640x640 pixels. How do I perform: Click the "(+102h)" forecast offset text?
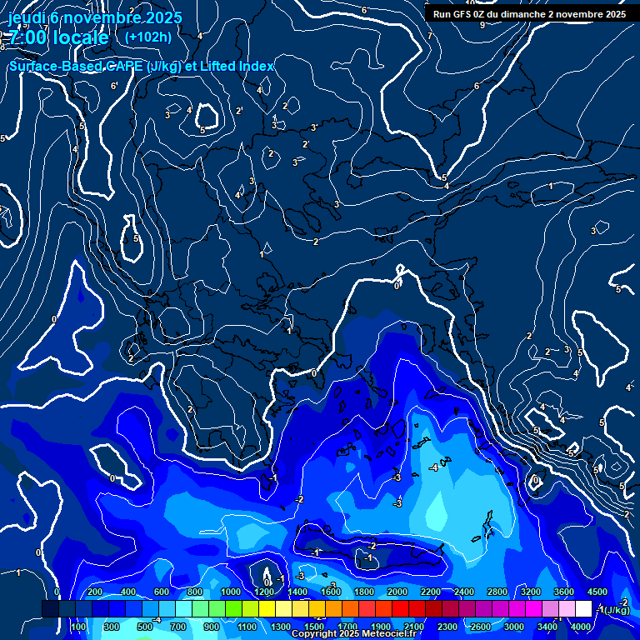tap(147, 37)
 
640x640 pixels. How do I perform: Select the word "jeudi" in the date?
tap(29, 17)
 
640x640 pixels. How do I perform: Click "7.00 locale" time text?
tap(58, 38)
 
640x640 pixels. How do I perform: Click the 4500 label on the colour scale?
tap(597, 592)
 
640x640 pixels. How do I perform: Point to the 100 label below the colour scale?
tap(78, 627)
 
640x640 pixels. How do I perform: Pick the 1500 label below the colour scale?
tap(313, 627)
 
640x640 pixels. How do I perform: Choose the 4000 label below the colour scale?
tap(581, 627)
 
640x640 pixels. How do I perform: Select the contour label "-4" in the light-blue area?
tap(432, 468)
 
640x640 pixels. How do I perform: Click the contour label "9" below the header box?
tap(482, 25)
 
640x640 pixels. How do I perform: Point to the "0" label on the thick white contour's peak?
tap(397, 285)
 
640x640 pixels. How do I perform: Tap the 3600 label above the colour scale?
tap(563, 592)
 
